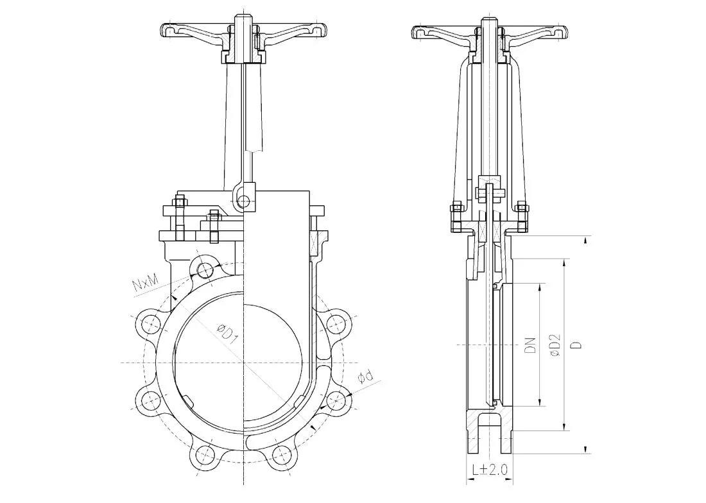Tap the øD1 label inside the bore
[226, 334]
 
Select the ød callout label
[365, 377]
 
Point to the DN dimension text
[532, 345]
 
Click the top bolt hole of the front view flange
[206, 270]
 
